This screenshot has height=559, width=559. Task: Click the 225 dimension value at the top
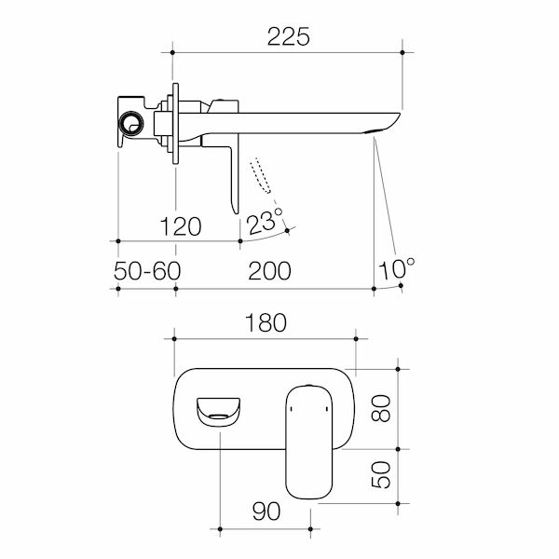[x=288, y=36]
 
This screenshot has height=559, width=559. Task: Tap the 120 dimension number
[x=180, y=225]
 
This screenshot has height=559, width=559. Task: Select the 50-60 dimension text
[x=146, y=271]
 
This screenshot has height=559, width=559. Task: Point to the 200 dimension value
[x=269, y=271]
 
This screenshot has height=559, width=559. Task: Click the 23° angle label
[x=265, y=222]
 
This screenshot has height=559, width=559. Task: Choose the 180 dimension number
[x=264, y=322]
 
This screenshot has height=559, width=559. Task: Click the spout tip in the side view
[x=389, y=119]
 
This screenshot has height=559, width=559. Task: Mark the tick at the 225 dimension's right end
[x=402, y=54]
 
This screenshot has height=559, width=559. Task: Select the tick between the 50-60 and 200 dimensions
[x=175, y=289]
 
